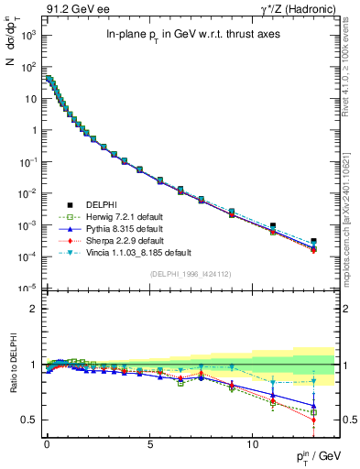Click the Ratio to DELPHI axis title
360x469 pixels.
[12, 366]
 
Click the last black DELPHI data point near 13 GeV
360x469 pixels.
[314, 241]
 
